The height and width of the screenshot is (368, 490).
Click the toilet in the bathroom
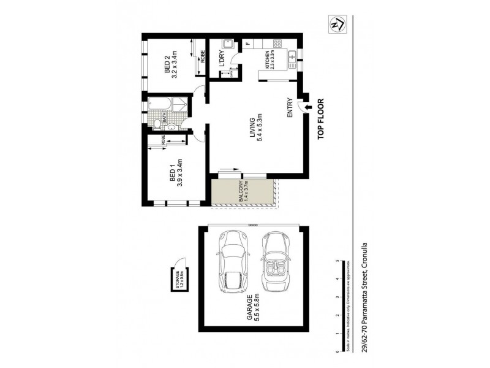(x=158, y=124)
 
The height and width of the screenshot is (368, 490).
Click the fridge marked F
(x=247, y=44)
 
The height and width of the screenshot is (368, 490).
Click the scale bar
(x=337, y=307)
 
